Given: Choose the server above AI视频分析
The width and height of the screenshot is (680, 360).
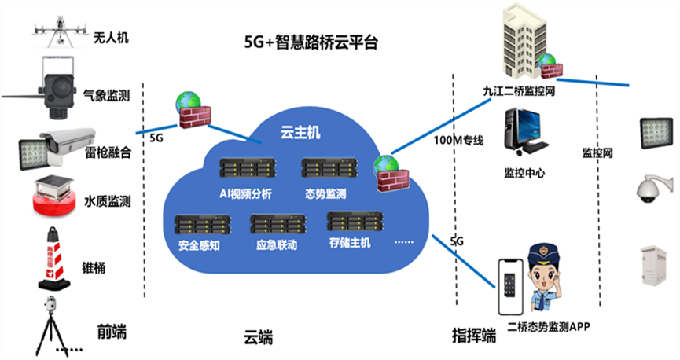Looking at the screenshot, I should pos(247,169).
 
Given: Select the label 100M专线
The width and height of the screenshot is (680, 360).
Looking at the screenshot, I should pos(458,141).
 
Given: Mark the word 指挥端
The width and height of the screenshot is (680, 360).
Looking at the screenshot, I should pos(475,336).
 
